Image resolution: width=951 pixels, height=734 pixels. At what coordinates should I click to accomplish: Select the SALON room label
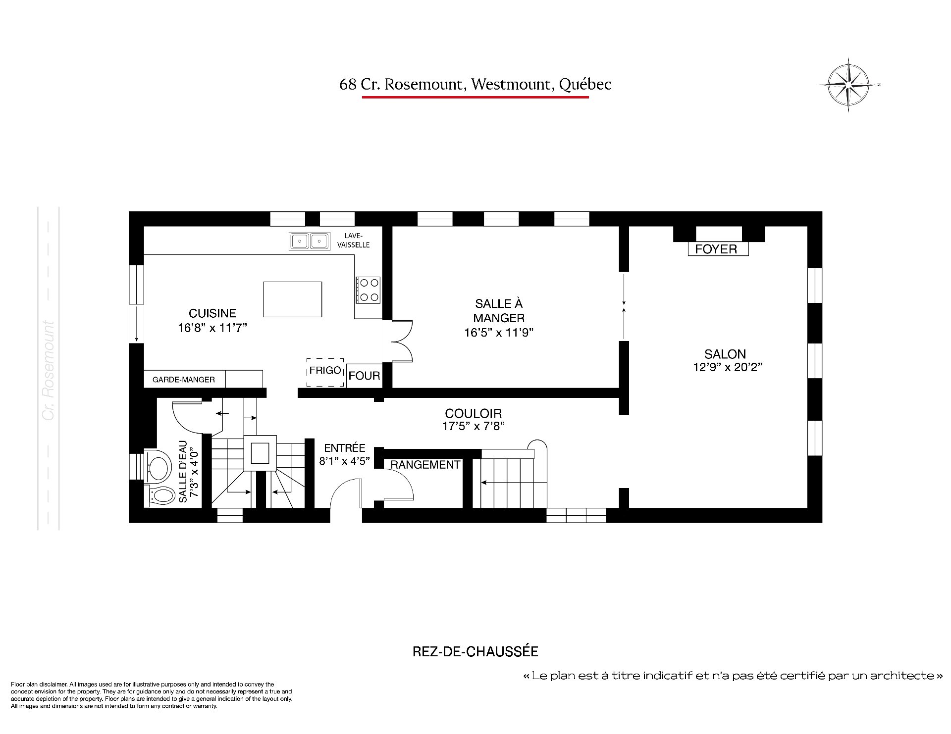pyautogui.click(x=725, y=354)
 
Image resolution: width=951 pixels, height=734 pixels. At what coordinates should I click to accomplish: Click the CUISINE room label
pyautogui.click(x=212, y=313)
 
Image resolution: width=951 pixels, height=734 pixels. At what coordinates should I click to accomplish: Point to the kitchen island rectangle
pyautogui.click(x=292, y=299)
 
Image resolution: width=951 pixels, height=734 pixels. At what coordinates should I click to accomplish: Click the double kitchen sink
pyautogui.click(x=310, y=241)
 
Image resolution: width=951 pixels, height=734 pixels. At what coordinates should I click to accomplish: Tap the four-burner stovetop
pyautogui.click(x=368, y=290)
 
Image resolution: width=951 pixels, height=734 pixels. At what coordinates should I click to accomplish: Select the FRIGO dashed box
pyautogui.click(x=325, y=372)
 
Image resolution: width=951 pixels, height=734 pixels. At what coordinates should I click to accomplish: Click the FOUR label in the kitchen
pyautogui.click(x=364, y=376)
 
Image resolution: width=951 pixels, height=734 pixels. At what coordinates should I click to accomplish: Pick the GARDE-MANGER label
pyautogui.click(x=184, y=380)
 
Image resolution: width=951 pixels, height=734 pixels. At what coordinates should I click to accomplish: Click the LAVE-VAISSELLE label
pyautogui.click(x=354, y=241)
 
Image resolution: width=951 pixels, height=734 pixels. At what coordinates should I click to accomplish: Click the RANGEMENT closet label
pyautogui.click(x=425, y=465)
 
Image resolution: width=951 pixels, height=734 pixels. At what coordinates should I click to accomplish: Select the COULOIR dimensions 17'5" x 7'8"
pyautogui.click(x=473, y=426)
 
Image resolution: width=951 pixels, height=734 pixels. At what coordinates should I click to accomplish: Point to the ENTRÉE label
pyautogui.click(x=345, y=448)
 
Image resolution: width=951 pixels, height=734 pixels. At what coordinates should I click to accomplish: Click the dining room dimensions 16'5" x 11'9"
pyautogui.click(x=498, y=333)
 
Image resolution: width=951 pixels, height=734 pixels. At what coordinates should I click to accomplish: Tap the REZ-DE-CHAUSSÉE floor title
pyautogui.click(x=475, y=651)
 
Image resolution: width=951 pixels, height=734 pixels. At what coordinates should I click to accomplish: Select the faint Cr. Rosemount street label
pyautogui.click(x=49, y=371)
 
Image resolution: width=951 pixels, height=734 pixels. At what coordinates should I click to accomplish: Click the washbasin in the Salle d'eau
pyautogui.click(x=158, y=465)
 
